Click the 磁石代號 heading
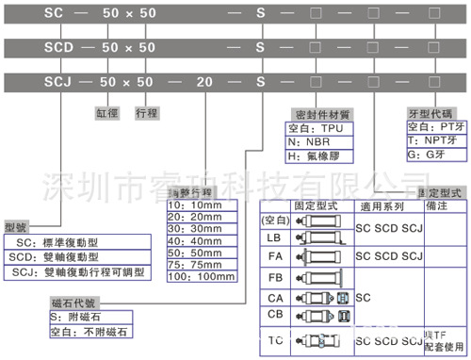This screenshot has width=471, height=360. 73,303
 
